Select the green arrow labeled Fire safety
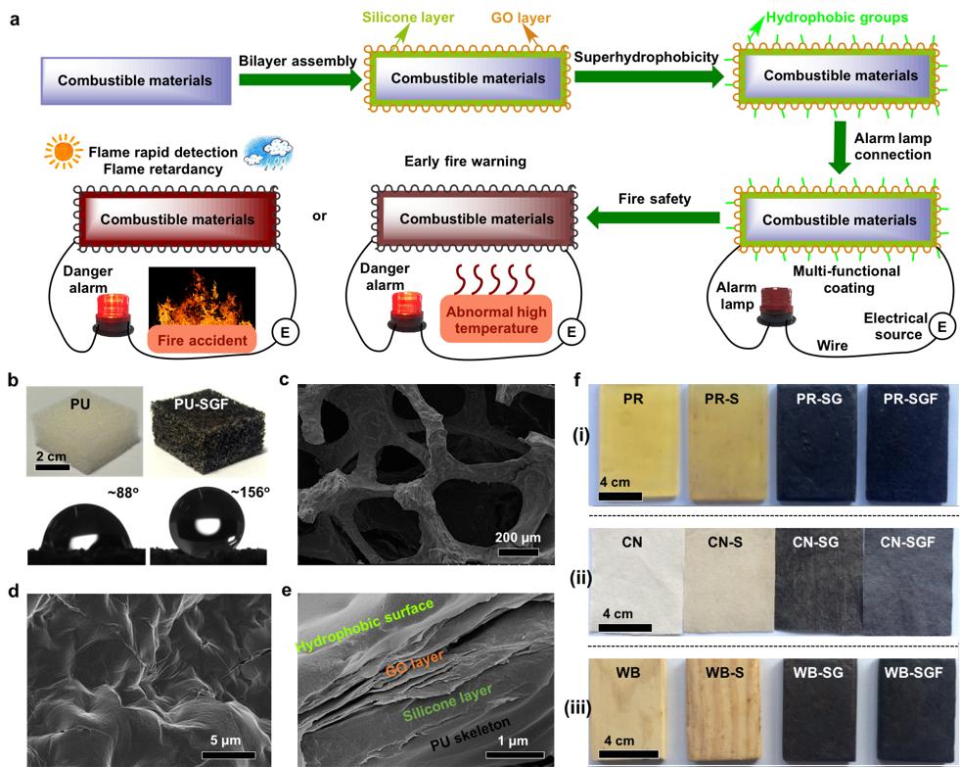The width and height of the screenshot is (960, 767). [x=655, y=217]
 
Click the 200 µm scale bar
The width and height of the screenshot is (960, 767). [x=520, y=551]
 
